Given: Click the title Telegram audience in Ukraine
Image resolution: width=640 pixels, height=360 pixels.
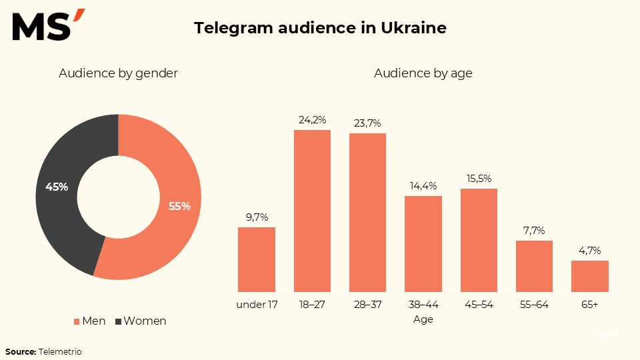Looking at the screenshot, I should pyautogui.click(x=320, y=28).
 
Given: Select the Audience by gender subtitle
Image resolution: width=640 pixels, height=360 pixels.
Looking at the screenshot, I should pyautogui.click(x=118, y=73).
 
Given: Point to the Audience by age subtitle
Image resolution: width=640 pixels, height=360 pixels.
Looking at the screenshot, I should pyautogui.click(x=423, y=73).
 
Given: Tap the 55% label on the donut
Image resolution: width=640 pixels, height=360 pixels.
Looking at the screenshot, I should pyautogui.click(x=179, y=207).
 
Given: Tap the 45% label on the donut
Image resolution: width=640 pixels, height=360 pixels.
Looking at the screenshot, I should pyautogui.click(x=57, y=187).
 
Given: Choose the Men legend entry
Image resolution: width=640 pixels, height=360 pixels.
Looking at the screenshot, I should pyautogui.click(x=89, y=321).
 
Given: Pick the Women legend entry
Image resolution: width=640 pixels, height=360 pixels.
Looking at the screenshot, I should pyautogui.click(x=141, y=321).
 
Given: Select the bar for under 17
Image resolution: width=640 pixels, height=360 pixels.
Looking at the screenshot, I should pyautogui.click(x=257, y=259).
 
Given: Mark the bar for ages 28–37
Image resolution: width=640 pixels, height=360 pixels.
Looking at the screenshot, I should pyautogui.click(x=367, y=213).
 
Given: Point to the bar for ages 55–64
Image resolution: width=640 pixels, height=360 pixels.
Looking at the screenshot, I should pyautogui.click(x=534, y=266).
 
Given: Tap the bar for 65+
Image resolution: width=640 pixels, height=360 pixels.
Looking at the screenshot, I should pyautogui.click(x=590, y=276).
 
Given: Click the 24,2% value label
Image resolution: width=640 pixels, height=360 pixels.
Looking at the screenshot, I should pyautogui.click(x=312, y=120).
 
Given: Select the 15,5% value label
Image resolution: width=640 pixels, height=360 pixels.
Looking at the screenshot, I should pyautogui.click(x=479, y=179).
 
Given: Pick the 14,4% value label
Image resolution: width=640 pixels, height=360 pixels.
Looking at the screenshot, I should pyautogui.click(x=423, y=186).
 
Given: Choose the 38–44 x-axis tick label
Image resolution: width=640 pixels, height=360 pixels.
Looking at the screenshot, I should pyautogui.click(x=423, y=305).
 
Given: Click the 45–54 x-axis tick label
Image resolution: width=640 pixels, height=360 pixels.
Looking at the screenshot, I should pyautogui.click(x=479, y=305).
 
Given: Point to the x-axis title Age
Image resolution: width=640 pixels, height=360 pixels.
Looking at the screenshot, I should pyautogui.click(x=423, y=319).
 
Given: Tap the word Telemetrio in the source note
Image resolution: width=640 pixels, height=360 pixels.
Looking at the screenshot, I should pyautogui.click(x=60, y=351).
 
